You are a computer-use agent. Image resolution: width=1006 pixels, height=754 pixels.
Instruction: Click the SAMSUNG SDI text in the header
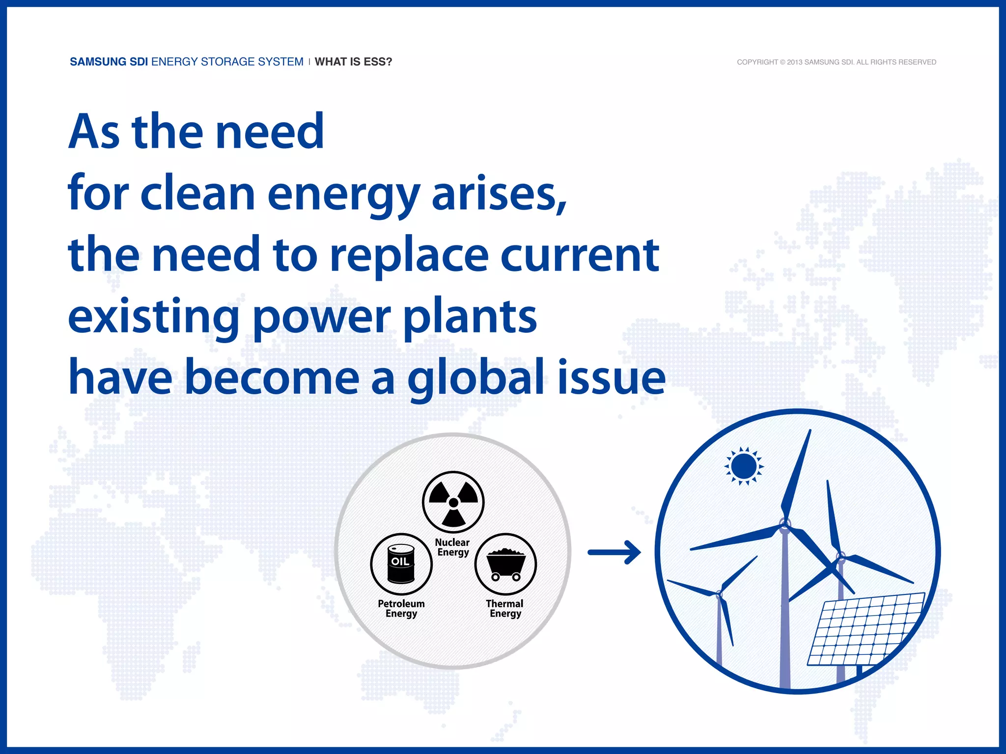[109, 62]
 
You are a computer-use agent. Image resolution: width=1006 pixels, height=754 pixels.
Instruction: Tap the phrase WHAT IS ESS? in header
[353, 62]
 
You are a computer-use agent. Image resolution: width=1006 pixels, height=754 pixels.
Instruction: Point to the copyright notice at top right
[836, 62]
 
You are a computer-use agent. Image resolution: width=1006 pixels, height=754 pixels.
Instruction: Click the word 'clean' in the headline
[197, 194]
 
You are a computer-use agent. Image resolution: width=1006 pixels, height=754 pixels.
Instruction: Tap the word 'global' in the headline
[475, 378]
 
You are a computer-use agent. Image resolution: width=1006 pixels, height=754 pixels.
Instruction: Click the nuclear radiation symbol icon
[453, 502]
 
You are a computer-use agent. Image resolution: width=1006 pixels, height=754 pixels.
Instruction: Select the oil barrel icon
[401, 564]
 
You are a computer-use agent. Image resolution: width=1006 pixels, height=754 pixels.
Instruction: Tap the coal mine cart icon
[505, 564]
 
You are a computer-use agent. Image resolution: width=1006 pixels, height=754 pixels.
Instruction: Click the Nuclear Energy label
[453, 547]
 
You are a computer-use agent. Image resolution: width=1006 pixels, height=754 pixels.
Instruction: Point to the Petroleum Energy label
[401, 609]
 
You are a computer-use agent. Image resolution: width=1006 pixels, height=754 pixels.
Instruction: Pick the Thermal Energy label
[505, 609]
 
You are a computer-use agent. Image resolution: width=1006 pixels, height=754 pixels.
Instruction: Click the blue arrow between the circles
[615, 552]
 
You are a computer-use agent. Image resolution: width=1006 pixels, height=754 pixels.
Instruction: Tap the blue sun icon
[744, 466]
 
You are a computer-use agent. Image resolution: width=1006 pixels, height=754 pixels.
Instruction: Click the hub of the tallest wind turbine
[785, 527]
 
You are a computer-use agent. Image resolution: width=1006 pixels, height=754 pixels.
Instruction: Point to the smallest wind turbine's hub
[719, 595]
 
